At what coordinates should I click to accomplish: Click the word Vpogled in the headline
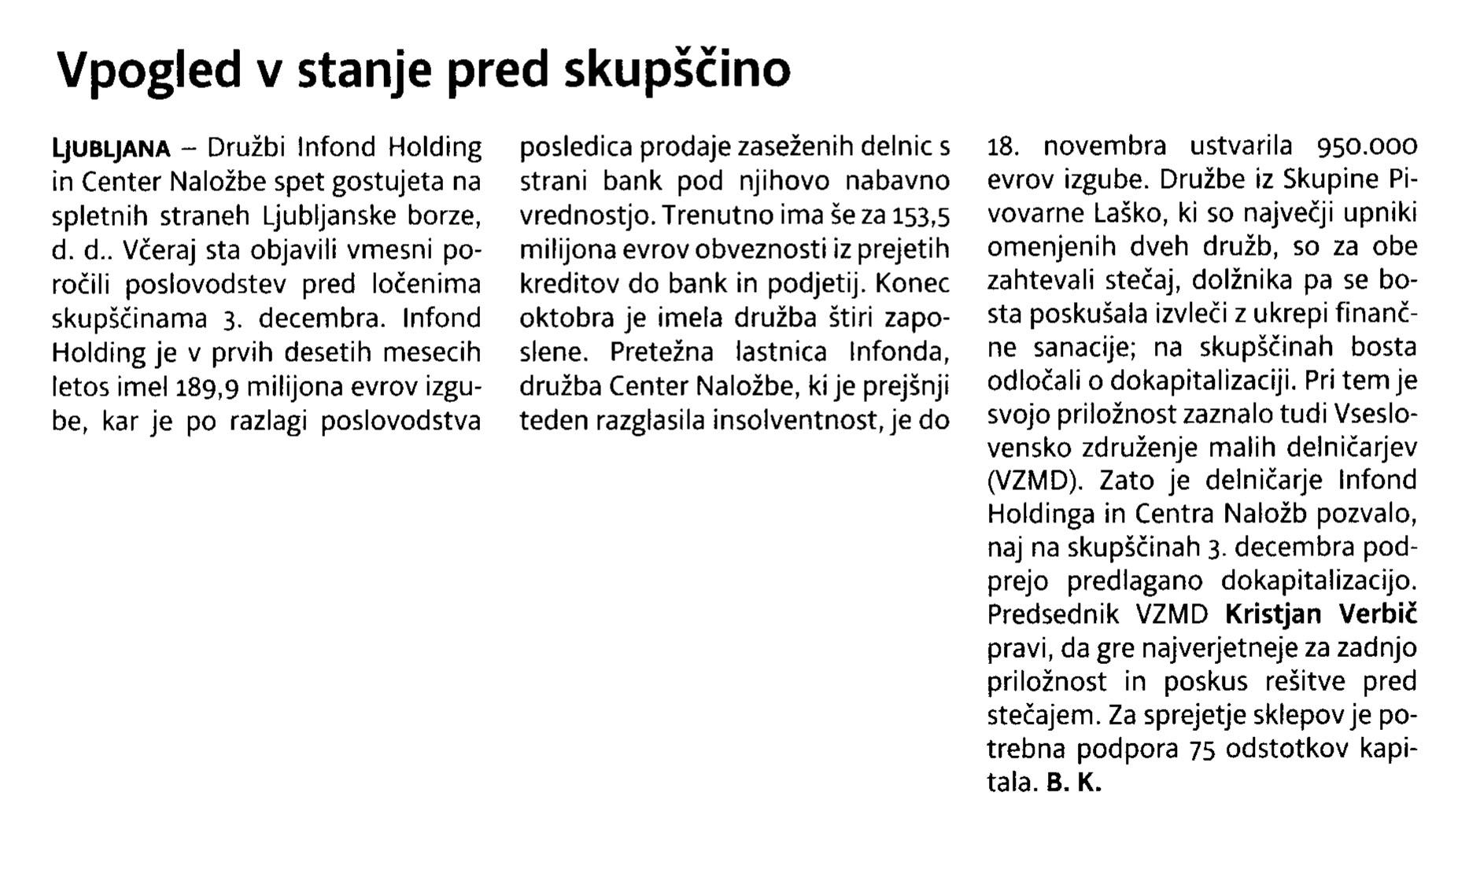(x=149, y=71)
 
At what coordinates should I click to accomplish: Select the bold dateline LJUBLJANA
(x=111, y=148)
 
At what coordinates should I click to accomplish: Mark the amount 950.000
(x=1366, y=147)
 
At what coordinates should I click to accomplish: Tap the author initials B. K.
(x=1074, y=783)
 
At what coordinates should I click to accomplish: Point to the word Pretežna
(x=662, y=352)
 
